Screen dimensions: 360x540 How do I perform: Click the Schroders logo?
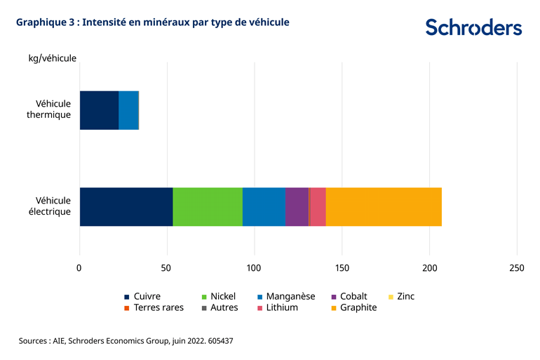coord(473,27)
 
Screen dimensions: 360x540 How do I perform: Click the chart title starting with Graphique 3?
coord(152,22)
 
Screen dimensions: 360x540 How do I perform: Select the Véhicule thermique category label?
coord(53,109)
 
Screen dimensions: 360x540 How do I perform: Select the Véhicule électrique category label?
coord(53,206)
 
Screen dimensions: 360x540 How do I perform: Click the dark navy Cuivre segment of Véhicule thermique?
coord(99,110)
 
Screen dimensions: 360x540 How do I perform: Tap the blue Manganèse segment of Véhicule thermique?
coord(128,110)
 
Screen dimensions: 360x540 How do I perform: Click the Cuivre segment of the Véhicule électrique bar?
coord(126,207)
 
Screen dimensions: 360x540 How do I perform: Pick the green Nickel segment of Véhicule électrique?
coord(208,207)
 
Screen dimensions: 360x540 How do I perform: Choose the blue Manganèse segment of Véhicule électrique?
coord(264,207)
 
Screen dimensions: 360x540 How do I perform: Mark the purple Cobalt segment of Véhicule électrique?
coord(297,207)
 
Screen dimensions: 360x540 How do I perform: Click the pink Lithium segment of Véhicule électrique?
coord(318,207)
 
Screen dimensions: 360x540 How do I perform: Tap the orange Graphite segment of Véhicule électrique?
coord(384,207)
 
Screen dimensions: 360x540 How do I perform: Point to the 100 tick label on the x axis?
coord(254,267)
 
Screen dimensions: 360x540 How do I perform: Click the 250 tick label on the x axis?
coord(516,267)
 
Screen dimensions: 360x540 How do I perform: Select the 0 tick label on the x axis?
coord(79,267)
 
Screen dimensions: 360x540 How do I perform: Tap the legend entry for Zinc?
coord(400,296)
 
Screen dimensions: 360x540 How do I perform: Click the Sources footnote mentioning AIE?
coord(126,340)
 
